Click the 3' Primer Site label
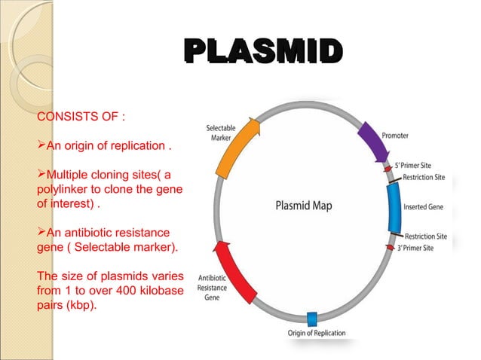(423, 247)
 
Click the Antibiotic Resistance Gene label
(213, 287)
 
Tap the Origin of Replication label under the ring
(316, 333)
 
